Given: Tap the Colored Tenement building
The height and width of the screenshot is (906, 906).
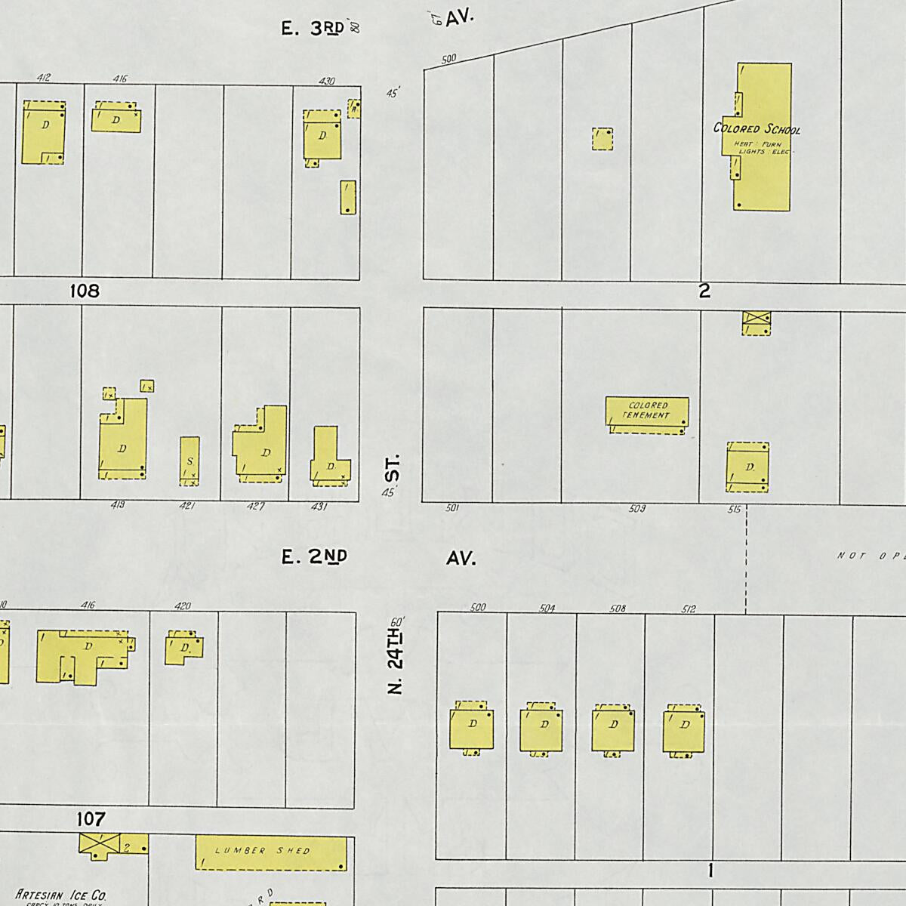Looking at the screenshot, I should (x=647, y=413).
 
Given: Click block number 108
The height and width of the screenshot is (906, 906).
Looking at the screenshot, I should (x=85, y=291).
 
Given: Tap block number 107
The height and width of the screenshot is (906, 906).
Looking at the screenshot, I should (x=91, y=818).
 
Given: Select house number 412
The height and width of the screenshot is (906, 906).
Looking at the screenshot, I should (x=43, y=78).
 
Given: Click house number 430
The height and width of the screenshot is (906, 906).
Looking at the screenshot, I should (x=327, y=81).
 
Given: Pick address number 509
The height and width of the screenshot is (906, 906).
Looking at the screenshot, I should (x=637, y=509).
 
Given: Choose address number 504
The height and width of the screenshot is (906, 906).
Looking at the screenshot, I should (x=547, y=608).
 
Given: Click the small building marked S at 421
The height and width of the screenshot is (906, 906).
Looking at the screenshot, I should (x=190, y=461).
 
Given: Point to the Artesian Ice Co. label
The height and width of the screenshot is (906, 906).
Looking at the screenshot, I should (x=62, y=895).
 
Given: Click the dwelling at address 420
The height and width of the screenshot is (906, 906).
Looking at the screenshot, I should (x=183, y=648).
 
